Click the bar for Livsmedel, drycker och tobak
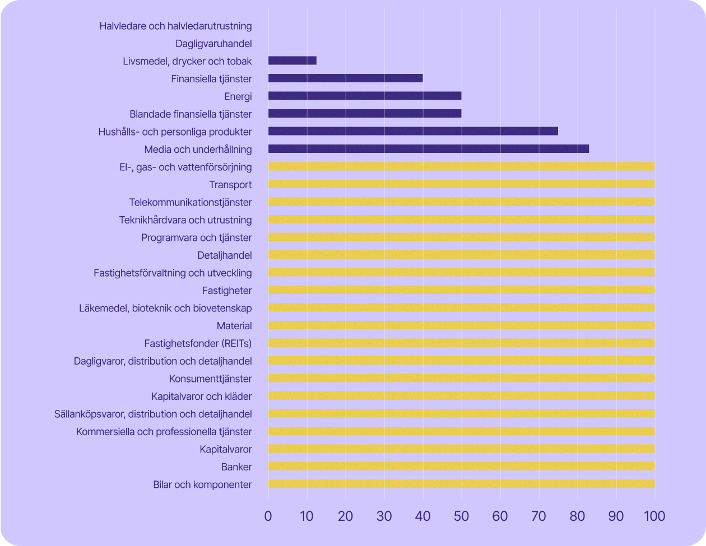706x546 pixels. point(292,60)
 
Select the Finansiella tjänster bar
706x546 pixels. point(345,78)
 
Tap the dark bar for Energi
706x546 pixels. point(365,96)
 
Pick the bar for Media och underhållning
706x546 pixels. point(428,149)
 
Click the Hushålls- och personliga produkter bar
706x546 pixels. point(413,131)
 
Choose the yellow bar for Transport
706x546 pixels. point(461,184)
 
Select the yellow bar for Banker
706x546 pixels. point(461,466)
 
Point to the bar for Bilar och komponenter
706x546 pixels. point(461,484)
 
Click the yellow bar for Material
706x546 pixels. point(461,325)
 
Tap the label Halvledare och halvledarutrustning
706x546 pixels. point(175,26)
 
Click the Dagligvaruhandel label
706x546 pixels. point(213,43)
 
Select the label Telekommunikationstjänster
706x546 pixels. point(191,202)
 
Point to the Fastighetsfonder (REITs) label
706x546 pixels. point(198,343)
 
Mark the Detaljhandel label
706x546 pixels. point(225,255)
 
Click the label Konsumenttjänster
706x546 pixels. point(211,379)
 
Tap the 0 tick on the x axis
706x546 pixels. point(268,516)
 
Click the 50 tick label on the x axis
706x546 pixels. point(461,516)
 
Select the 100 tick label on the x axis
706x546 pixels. point(654,516)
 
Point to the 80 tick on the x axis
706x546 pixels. point(577,516)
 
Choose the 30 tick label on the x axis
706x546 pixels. point(384,516)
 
